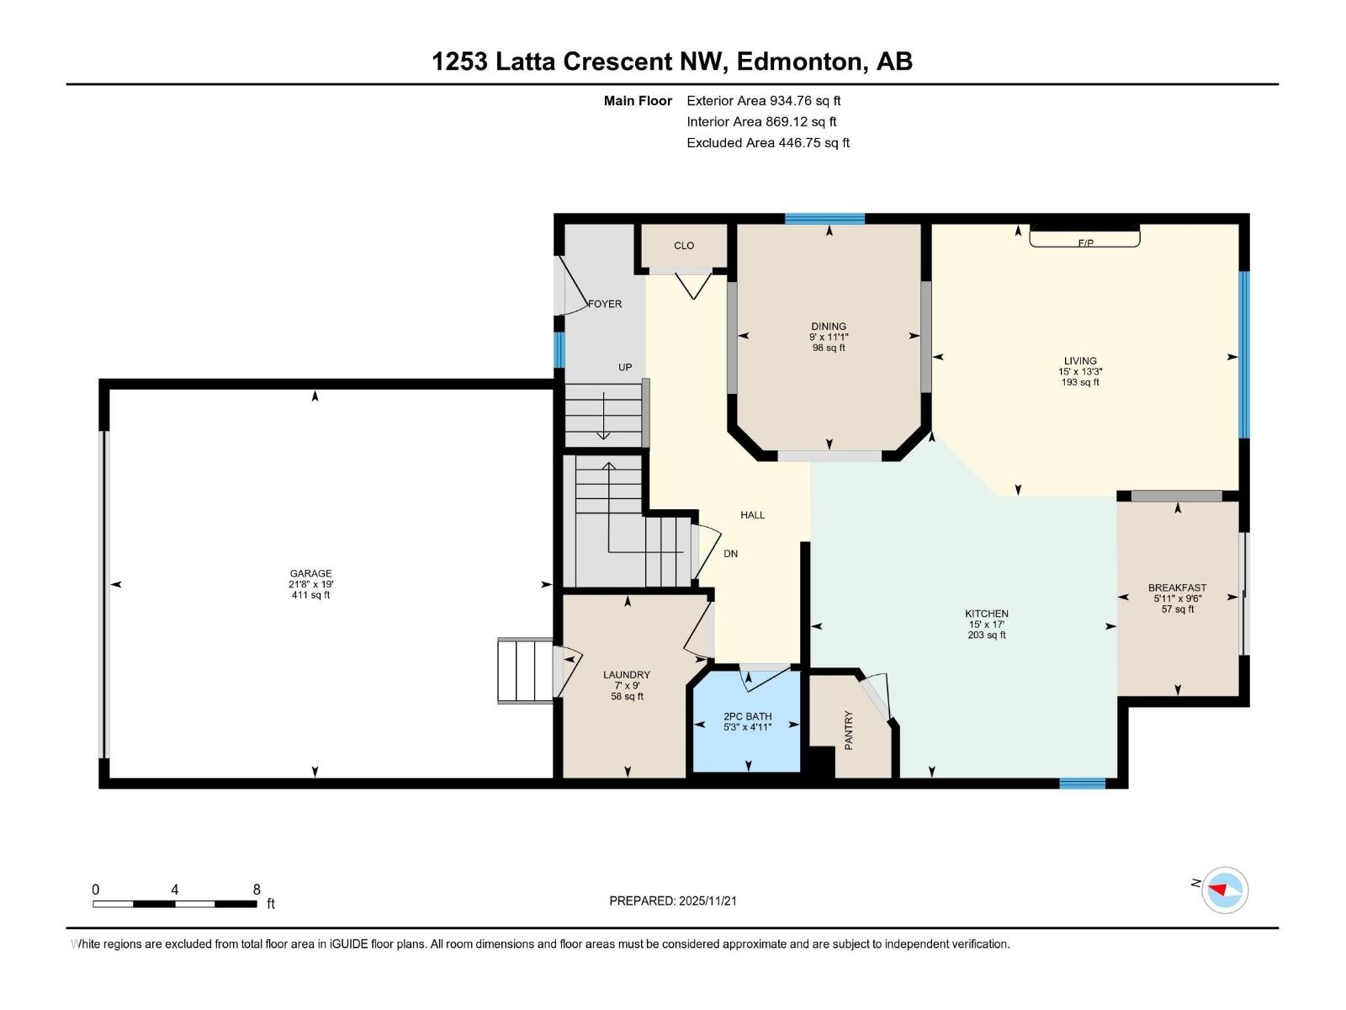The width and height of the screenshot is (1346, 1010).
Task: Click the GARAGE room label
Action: pos(310,573)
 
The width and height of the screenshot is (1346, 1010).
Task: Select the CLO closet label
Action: pos(684,246)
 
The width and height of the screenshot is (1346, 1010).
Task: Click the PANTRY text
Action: pos(848,730)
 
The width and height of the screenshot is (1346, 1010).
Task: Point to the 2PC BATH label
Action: pos(747,716)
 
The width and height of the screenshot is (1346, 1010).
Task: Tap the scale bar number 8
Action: pos(257,890)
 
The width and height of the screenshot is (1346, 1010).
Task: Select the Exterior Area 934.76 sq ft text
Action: pos(763,101)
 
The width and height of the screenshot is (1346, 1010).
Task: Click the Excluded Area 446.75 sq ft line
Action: pos(767,143)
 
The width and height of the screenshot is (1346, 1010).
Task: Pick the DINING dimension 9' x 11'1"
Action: pos(829,337)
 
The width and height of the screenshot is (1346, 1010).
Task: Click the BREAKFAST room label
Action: pos(1177,587)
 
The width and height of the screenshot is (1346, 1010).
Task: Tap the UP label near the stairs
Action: pos(625,367)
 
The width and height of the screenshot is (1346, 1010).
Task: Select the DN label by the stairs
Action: pos(731,554)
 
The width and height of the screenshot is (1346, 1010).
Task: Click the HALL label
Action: pos(752,515)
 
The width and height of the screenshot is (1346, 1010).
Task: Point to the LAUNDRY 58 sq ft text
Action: pos(627,696)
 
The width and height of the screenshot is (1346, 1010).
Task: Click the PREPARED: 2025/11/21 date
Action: pos(673,901)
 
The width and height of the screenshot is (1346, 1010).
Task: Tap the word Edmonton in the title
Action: pos(803,61)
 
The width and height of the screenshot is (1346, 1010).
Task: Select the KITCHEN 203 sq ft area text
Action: pos(986,635)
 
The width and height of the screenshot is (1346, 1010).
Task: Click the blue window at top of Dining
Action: pos(824,219)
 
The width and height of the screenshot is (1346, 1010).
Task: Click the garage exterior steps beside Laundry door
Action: pos(524,670)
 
